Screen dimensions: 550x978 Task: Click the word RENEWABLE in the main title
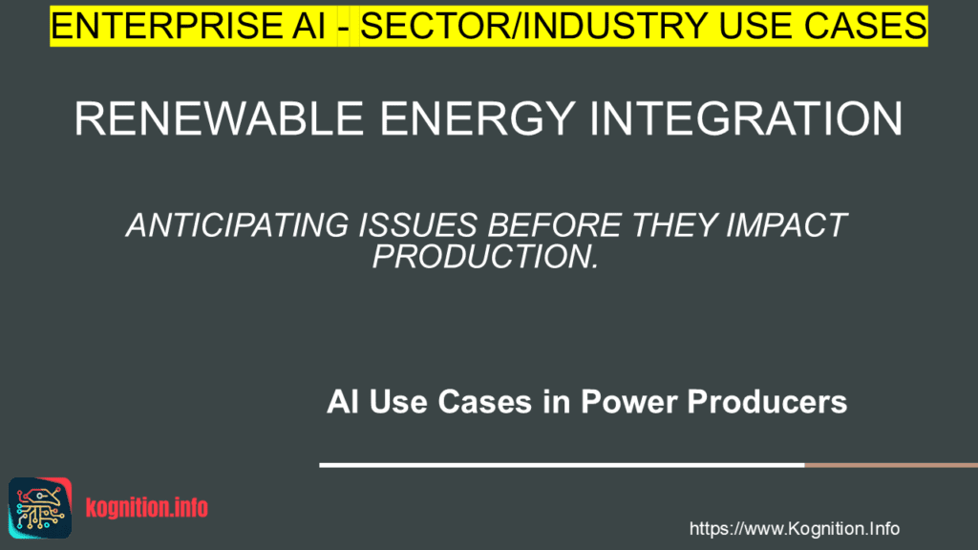click(x=216, y=119)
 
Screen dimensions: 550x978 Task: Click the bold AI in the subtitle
click(x=342, y=402)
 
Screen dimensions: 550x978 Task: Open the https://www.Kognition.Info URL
click(x=794, y=528)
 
